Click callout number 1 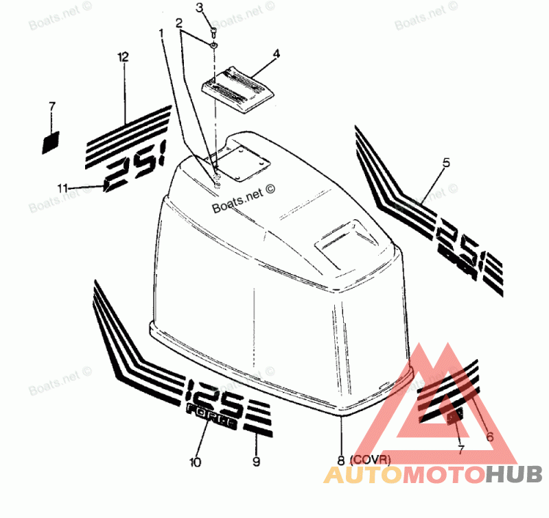161,32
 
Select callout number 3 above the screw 200,8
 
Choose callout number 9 256,462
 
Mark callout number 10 196,463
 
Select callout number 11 62,187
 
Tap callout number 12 123,58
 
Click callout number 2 179,23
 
